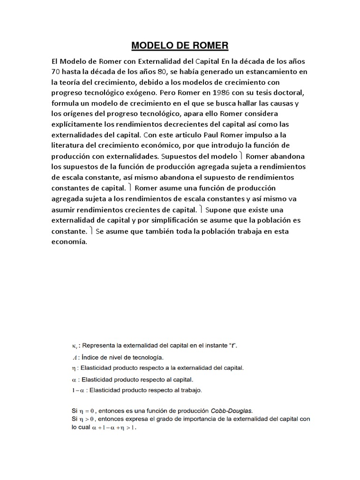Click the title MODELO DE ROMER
pyautogui.click(x=180, y=45)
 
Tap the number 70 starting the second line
pyautogui.click(x=56, y=72)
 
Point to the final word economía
pyautogui.click(x=70, y=241)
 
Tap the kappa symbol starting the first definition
pyautogui.click(x=67, y=346)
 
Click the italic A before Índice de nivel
pyautogui.click(x=67, y=358)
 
